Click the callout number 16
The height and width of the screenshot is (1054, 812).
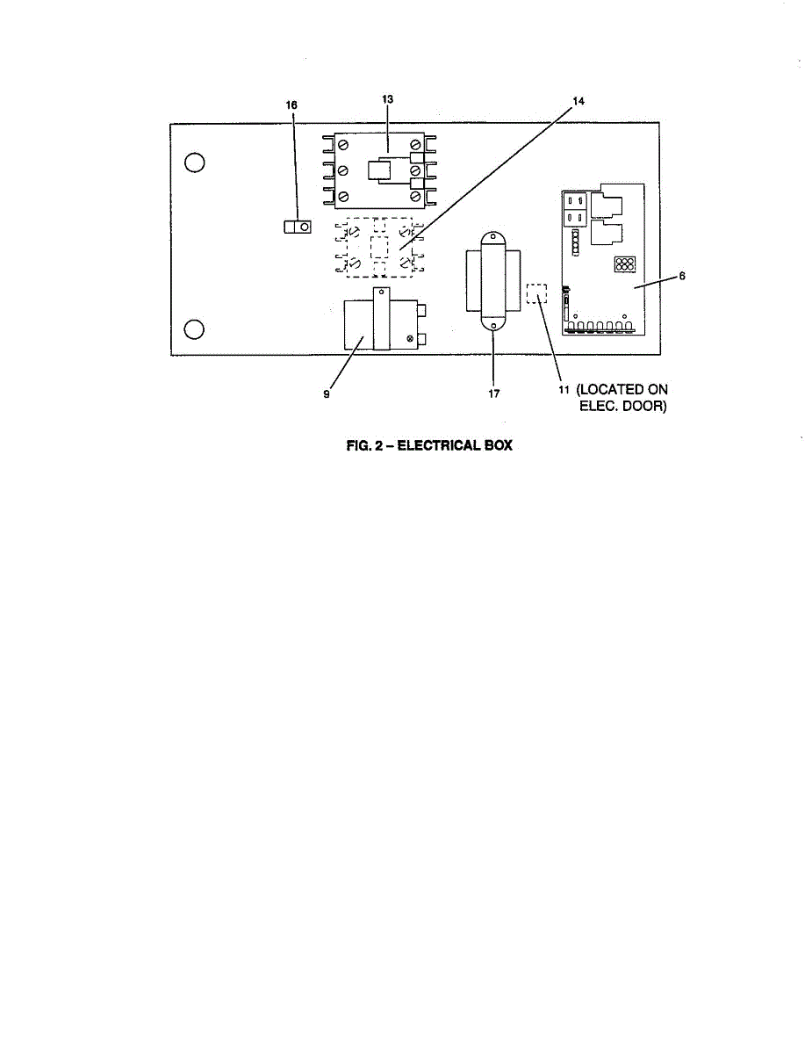pyautogui.click(x=292, y=105)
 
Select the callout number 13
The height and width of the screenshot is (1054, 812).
pyautogui.click(x=387, y=100)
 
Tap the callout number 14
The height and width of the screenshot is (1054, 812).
pyautogui.click(x=578, y=101)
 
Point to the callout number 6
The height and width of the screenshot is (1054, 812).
pyautogui.click(x=682, y=276)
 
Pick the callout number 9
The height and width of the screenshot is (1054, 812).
pyautogui.click(x=327, y=394)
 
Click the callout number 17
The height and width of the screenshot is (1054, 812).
pyautogui.click(x=494, y=394)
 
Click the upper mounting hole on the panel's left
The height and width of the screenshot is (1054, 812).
pyautogui.click(x=195, y=163)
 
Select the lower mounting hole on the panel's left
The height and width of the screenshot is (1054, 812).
pyautogui.click(x=195, y=329)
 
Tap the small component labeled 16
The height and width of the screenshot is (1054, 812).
pyautogui.click(x=298, y=227)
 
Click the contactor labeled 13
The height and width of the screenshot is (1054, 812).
pyautogui.click(x=379, y=170)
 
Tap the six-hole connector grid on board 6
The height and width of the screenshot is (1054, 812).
pyautogui.click(x=624, y=264)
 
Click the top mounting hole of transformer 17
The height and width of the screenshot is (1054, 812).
pyautogui.click(x=492, y=237)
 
